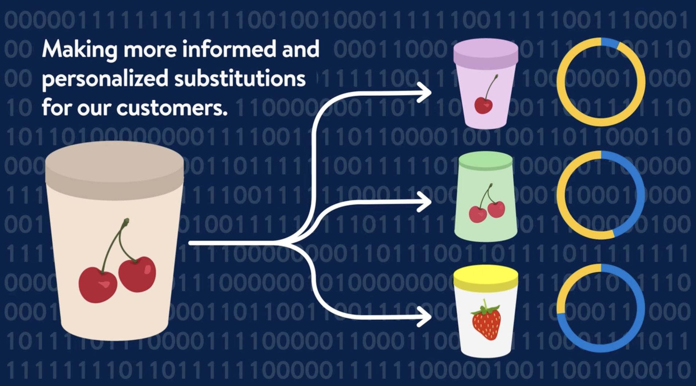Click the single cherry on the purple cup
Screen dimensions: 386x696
tap(484, 105)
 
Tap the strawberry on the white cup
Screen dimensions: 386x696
tap(486, 321)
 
